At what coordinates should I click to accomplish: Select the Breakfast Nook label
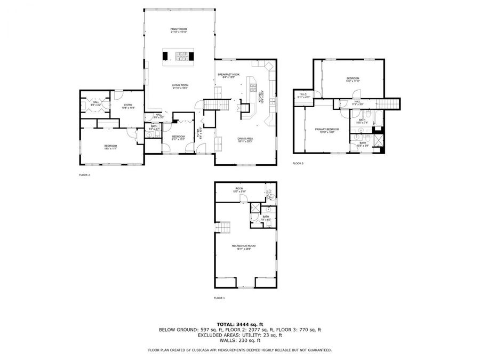(x=228, y=75)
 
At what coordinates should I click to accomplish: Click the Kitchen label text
(x=260, y=96)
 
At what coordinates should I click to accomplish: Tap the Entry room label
(x=128, y=106)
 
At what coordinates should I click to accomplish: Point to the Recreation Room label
(x=243, y=246)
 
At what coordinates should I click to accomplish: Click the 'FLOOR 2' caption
(x=84, y=174)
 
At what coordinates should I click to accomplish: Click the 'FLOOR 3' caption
(x=298, y=163)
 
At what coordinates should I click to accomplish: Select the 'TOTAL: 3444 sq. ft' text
(x=239, y=324)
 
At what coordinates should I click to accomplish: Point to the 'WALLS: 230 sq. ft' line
(x=239, y=340)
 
